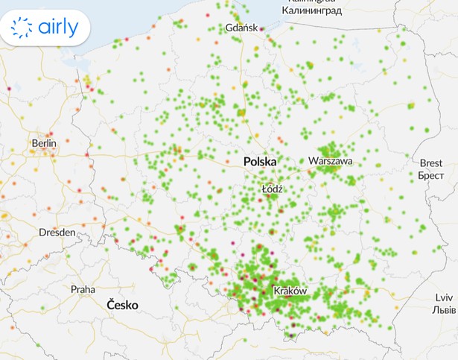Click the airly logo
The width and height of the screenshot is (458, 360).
click(x=45, y=28)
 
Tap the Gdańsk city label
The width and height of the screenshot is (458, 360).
click(x=241, y=28)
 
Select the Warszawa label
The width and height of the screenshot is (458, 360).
click(x=331, y=160)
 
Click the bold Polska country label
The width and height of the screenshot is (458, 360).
click(x=260, y=161)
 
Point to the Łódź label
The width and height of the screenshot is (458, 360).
click(x=273, y=189)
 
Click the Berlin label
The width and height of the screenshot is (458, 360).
click(x=44, y=142)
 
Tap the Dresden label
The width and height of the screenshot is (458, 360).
click(x=57, y=233)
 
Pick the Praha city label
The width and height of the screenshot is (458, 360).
click(x=83, y=289)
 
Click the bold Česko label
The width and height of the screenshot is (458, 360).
click(x=123, y=305)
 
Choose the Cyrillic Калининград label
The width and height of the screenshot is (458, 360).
click(x=311, y=10)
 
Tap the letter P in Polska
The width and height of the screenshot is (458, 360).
click(x=247, y=161)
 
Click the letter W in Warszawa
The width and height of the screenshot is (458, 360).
click(x=313, y=160)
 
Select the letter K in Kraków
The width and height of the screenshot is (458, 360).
click(x=278, y=291)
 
